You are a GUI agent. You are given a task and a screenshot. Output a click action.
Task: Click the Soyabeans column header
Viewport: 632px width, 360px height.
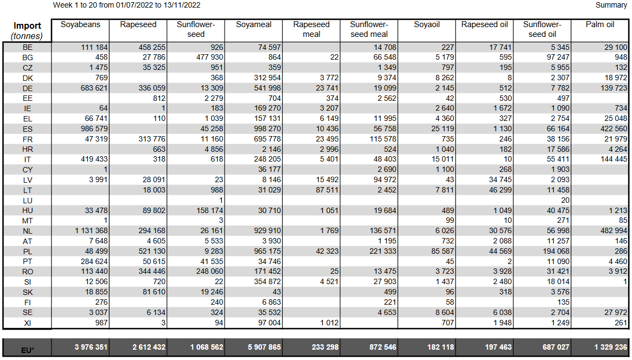pos(80,24)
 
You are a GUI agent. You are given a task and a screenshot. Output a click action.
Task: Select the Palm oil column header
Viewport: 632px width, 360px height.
pos(600,24)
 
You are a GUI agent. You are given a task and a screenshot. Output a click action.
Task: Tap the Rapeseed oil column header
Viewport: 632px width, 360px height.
pos(484,24)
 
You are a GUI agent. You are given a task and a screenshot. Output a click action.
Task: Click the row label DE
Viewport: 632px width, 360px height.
pos(28,88)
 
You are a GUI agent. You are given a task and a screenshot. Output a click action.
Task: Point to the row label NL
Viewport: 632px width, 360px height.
pos(28,231)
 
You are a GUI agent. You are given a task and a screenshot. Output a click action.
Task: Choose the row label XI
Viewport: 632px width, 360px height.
pos(28,323)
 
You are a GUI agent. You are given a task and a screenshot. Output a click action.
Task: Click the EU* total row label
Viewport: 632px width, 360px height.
pos(28,350)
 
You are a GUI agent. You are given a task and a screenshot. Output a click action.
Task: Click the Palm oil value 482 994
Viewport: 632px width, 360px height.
pos(611,231)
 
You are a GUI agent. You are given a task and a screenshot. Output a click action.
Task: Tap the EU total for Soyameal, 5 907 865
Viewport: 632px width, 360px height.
pos(264,347)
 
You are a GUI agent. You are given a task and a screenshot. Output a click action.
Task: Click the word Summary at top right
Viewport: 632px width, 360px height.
pos(611,5)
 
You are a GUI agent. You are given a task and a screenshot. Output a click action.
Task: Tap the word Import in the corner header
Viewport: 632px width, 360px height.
pos(28,26)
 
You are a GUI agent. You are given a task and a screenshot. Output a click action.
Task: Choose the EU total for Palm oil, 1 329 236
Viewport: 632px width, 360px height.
pos(611,347)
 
